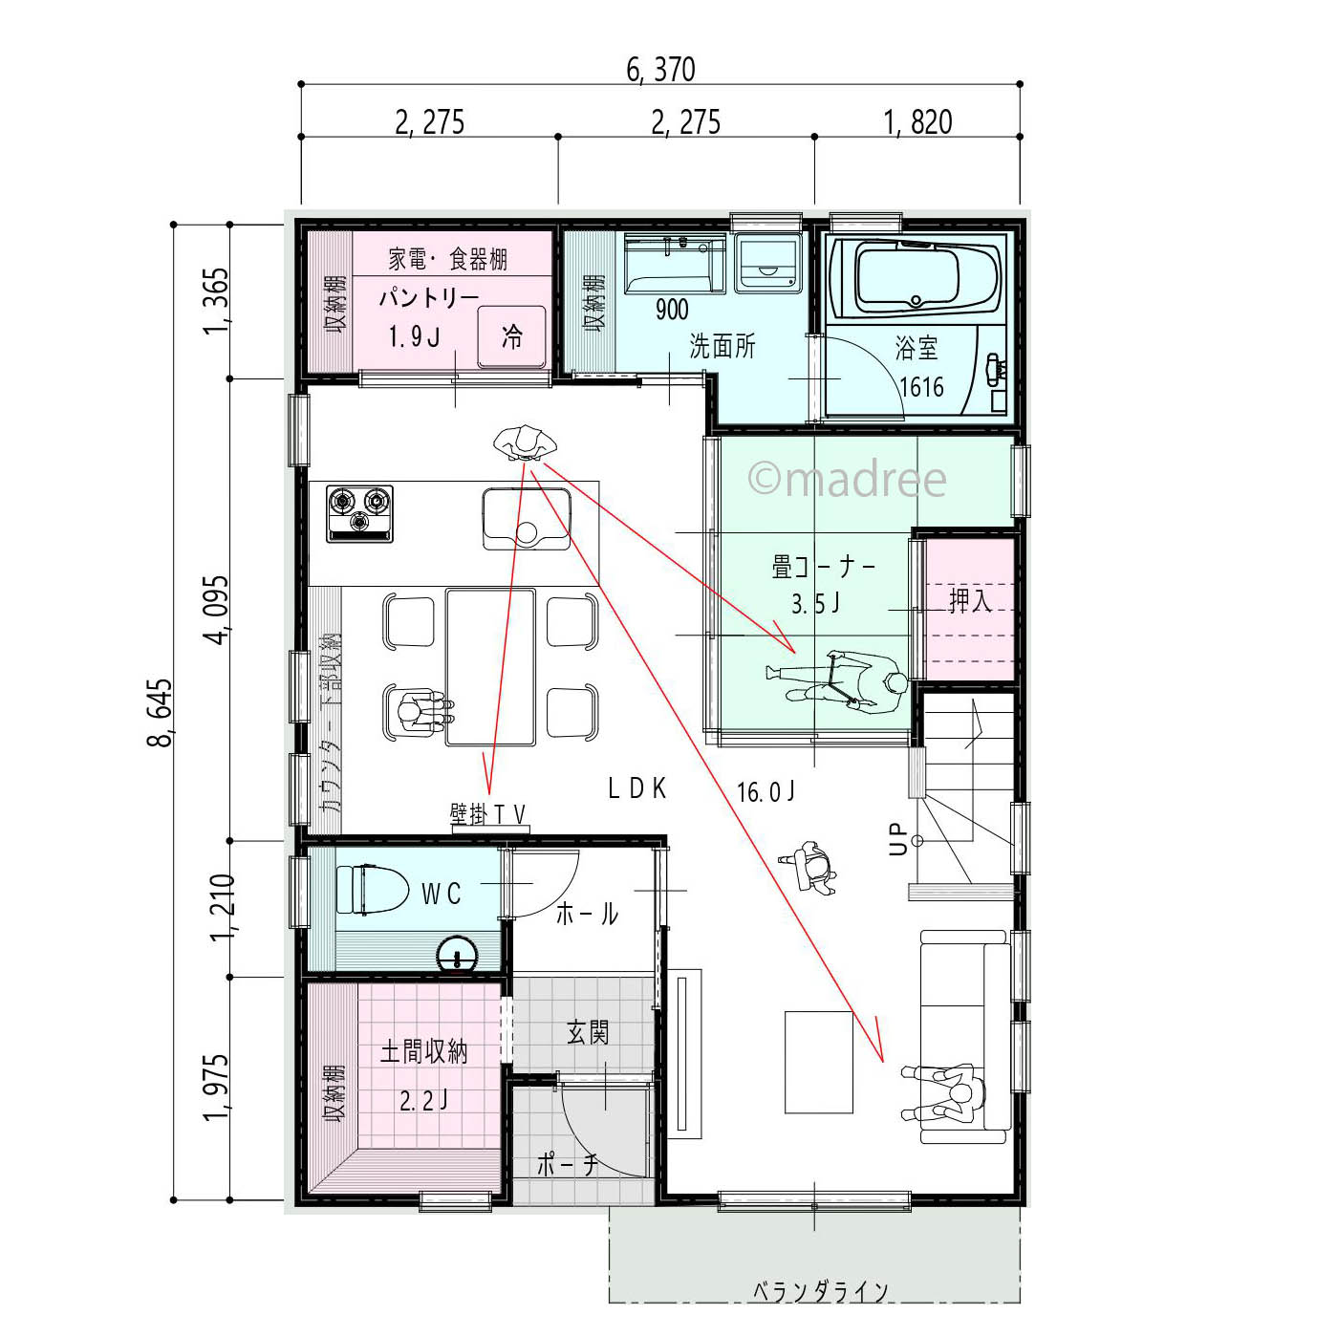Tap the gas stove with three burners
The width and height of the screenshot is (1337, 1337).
(360, 514)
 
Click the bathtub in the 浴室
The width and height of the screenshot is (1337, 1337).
(912, 278)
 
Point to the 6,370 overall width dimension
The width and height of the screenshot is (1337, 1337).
(660, 70)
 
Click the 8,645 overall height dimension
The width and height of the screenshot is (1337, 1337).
(160, 712)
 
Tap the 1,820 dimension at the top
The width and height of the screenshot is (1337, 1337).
(917, 122)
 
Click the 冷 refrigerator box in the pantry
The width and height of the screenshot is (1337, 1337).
(512, 336)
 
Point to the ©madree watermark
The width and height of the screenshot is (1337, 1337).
(847, 479)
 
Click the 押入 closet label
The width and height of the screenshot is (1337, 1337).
(969, 601)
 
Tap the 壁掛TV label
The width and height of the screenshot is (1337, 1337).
(488, 814)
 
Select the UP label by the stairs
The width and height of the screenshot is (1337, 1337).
(896, 839)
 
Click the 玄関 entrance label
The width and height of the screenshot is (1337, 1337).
(587, 1032)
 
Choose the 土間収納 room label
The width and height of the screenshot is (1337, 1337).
(423, 1052)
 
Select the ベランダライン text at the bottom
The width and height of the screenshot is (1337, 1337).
(820, 1291)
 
